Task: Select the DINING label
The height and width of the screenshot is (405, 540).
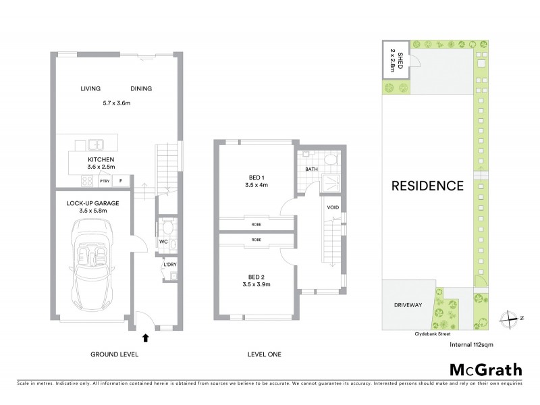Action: [x=140, y=88]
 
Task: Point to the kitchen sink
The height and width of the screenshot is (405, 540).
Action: [x=95, y=143]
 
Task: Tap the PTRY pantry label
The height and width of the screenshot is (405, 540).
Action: [x=104, y=181]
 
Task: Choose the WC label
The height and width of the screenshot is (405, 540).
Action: [x=163, y=241]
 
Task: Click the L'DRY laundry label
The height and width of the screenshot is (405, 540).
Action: [x=168, y=265]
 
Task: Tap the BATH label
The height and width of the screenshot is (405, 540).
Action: [x=310, y=169]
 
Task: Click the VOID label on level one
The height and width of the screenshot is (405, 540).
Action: [x=333, y=207]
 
